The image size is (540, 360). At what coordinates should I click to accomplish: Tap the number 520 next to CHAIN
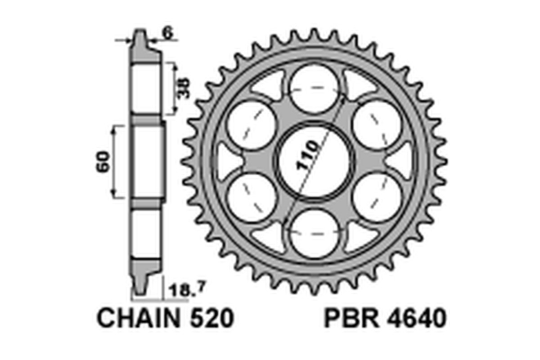tap(211, 319)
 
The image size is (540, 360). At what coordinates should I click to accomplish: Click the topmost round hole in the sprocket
tap(314, 88)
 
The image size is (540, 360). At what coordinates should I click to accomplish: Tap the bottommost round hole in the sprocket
tap(314, 234)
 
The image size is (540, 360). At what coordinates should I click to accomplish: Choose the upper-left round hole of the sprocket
tap(252, 124)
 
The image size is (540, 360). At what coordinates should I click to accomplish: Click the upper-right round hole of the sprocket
tap(377, 124)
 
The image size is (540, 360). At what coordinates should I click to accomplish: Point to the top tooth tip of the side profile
tap(140, 34)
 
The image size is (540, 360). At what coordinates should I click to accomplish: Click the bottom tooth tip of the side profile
tap(140, 290)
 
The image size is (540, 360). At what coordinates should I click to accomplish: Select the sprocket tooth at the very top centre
tap(314, 35)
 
